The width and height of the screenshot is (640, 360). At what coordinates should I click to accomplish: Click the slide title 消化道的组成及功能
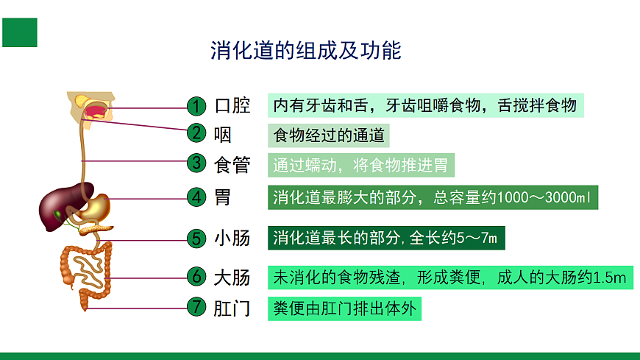[305, 51]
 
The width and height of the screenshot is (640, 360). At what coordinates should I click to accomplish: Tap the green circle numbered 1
[196, 107]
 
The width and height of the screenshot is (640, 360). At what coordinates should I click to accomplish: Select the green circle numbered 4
[196, 197]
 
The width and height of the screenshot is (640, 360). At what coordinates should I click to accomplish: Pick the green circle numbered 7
[196, 308]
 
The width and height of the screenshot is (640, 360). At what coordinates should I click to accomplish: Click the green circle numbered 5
[196, 239]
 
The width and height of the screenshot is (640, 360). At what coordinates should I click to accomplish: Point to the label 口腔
[232, 106]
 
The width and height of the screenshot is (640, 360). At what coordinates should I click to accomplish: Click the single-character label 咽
[222, 135]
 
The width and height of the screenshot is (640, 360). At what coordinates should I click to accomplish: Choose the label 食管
[232, 164]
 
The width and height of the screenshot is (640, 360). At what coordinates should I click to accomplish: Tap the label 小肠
[232, 239]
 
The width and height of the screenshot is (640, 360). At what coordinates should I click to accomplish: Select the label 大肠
[232, 278]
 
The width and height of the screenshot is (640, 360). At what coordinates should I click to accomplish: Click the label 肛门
[232, 308]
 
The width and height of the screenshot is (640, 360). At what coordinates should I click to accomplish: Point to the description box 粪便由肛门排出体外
[344, 308]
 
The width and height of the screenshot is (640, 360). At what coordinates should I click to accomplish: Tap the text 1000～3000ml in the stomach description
[544, 197]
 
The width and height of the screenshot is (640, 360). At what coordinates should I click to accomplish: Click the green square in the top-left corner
[20, 32]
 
